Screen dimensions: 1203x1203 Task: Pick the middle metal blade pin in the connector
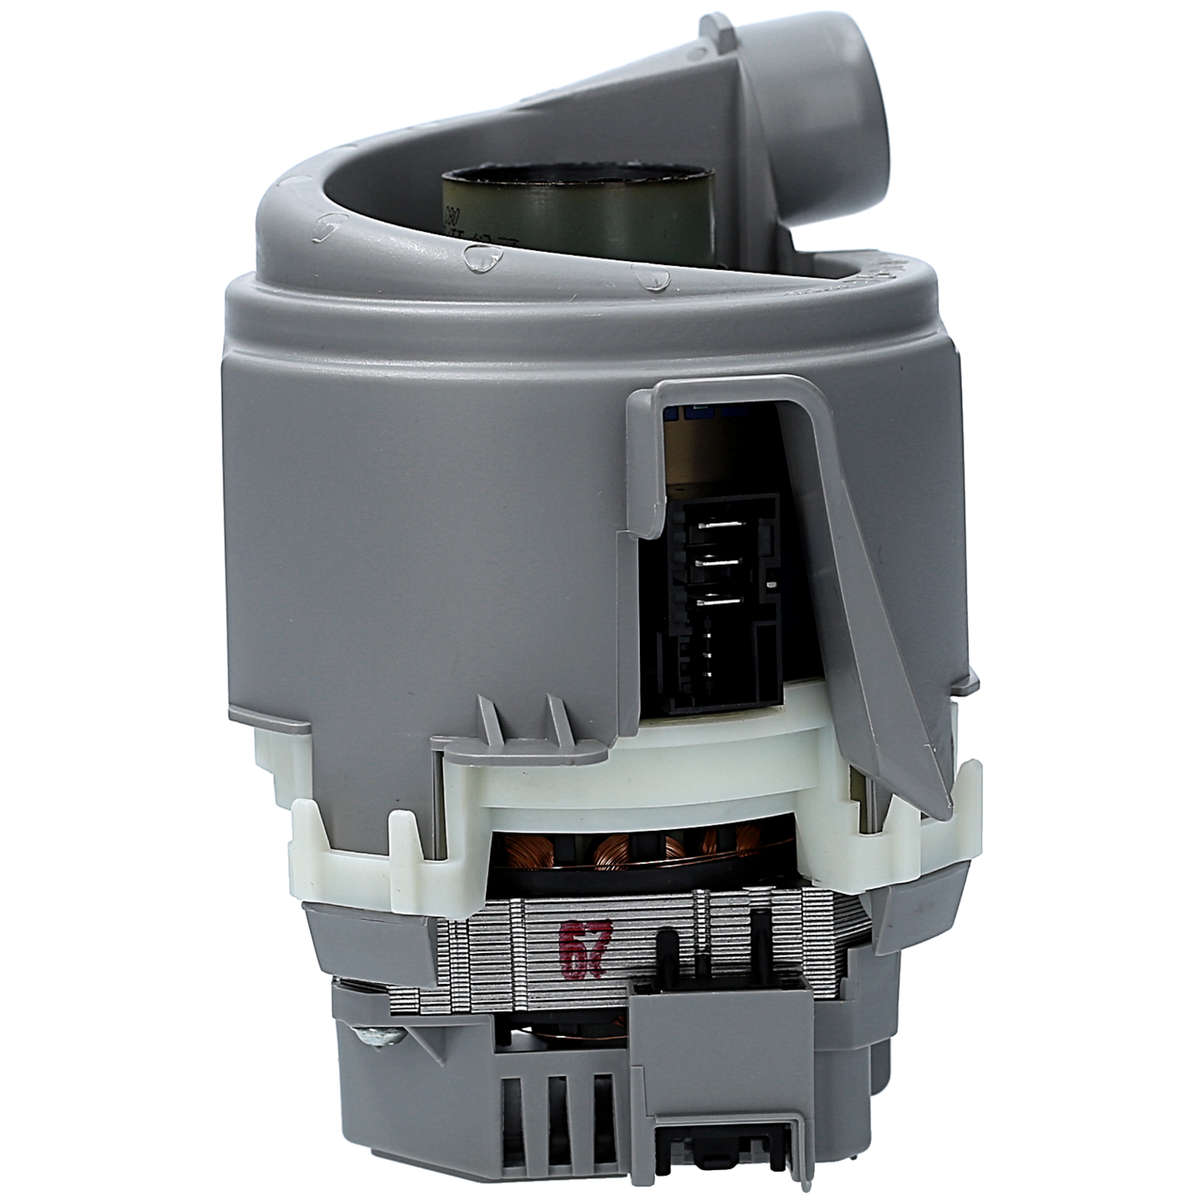[x=718, y=565]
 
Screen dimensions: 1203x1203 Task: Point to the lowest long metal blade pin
[x=718, y=597]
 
